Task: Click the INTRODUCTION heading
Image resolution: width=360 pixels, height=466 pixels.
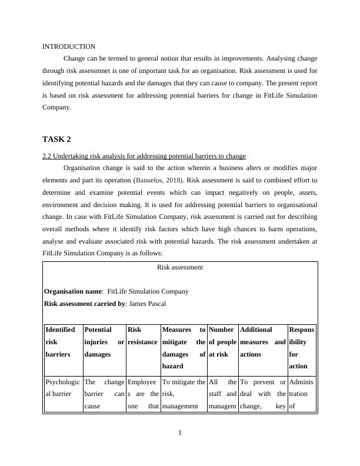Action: point(69,46)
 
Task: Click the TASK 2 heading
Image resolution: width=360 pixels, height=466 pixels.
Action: point(56,139)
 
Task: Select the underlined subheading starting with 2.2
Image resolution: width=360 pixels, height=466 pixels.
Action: point(144,156)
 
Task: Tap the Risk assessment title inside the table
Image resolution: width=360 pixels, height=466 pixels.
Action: point(180,267)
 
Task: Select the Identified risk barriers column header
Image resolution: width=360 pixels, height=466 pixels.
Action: point(61,342)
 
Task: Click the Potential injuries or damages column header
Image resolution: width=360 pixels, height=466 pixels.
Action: point(104,342)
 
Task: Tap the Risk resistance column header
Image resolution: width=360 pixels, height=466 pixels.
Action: point(142,336)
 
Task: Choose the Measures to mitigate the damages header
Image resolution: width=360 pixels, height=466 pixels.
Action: point(183,348)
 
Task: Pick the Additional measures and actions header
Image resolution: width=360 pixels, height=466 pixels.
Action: point(262,342)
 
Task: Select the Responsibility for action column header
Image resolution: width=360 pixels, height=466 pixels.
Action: point(301,348)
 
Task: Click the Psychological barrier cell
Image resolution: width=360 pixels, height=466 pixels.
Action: point(61,387)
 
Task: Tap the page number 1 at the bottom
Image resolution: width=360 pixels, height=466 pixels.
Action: point(180,434)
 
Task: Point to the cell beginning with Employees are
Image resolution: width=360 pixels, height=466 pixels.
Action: point(142,393)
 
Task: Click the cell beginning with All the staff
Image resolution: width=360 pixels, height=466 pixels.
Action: point(222,393)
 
